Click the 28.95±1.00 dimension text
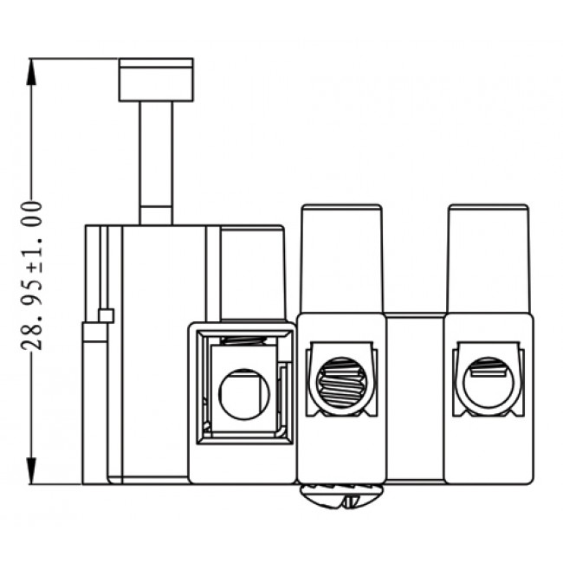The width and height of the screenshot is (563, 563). click(32, 275)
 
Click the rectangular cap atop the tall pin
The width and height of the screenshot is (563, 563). click(156, 79)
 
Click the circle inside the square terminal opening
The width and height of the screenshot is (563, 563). click(243, 394)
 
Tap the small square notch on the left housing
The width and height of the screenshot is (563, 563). click(107, 315)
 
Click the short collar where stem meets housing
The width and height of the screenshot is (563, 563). click(156, 215)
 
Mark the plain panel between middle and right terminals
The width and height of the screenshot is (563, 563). click(415, 398)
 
